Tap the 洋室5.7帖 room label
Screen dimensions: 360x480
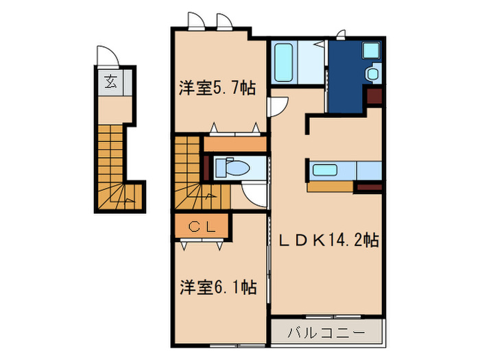(217, 88)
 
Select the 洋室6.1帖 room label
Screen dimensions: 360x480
(218, 287)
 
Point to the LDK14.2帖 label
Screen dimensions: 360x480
(328, 241)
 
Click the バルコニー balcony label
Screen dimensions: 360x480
(325, 333)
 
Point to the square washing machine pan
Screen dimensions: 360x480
(370, 50)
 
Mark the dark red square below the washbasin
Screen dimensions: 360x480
(374, 97)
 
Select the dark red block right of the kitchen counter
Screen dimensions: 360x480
(369, 186)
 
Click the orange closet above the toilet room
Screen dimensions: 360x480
(235, 145)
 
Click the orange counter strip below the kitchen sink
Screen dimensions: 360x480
(330, 186)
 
